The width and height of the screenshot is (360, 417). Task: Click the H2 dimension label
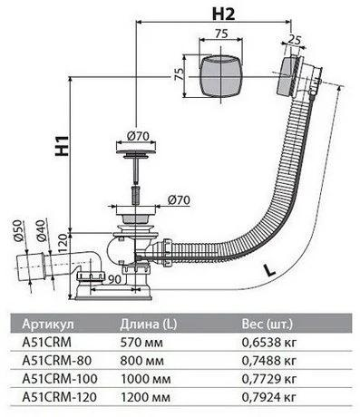223,14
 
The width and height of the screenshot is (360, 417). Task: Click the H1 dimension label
62,146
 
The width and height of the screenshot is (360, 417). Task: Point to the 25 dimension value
296,39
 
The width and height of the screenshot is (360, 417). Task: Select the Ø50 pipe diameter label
18,230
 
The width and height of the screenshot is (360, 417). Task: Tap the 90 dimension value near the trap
114,279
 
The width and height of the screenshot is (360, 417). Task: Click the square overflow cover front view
221,75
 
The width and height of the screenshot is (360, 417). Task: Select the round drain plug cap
136,148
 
